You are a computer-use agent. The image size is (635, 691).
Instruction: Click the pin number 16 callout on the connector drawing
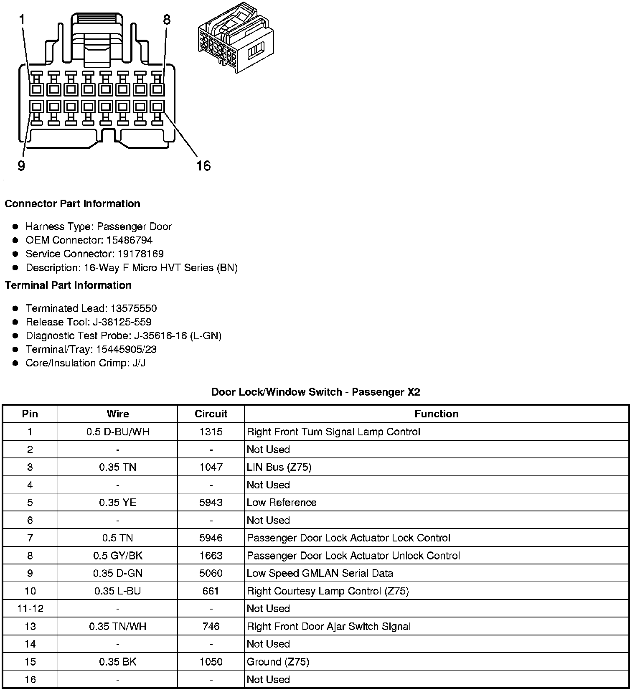(x=203, y=166)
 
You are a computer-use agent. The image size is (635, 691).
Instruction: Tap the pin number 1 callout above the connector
(x=22, y=20)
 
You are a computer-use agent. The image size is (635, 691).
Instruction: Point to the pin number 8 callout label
(x=167, y=20)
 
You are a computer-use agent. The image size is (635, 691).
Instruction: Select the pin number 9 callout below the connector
(x=21, y=166)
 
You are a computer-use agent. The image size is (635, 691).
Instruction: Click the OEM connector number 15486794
(x=130, y=240)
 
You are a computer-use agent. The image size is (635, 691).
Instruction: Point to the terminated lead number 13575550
(x=133, y=308)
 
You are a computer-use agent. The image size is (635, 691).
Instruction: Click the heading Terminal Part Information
(x=68, y=285)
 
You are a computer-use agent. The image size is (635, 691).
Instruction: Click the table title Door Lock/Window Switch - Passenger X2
(x=315, y=392)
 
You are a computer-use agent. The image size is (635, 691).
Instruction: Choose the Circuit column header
(x=211, y=414)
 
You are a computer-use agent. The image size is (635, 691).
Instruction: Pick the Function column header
(x=437, y=414)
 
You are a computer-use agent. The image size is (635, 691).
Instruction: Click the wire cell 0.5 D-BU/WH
(x=118, y=432)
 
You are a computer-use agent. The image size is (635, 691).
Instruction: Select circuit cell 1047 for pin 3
(x=211, y=467)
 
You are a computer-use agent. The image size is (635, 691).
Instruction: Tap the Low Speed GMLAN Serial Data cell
(x=320, y=573)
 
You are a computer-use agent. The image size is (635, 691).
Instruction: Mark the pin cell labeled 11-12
(x=30, y=608)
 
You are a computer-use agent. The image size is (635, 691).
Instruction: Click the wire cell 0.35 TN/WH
(x=118, y=626)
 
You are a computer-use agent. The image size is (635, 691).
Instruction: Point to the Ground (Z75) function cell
(x=278, y=662)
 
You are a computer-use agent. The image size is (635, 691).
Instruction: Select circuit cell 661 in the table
(x=211, y=591)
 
